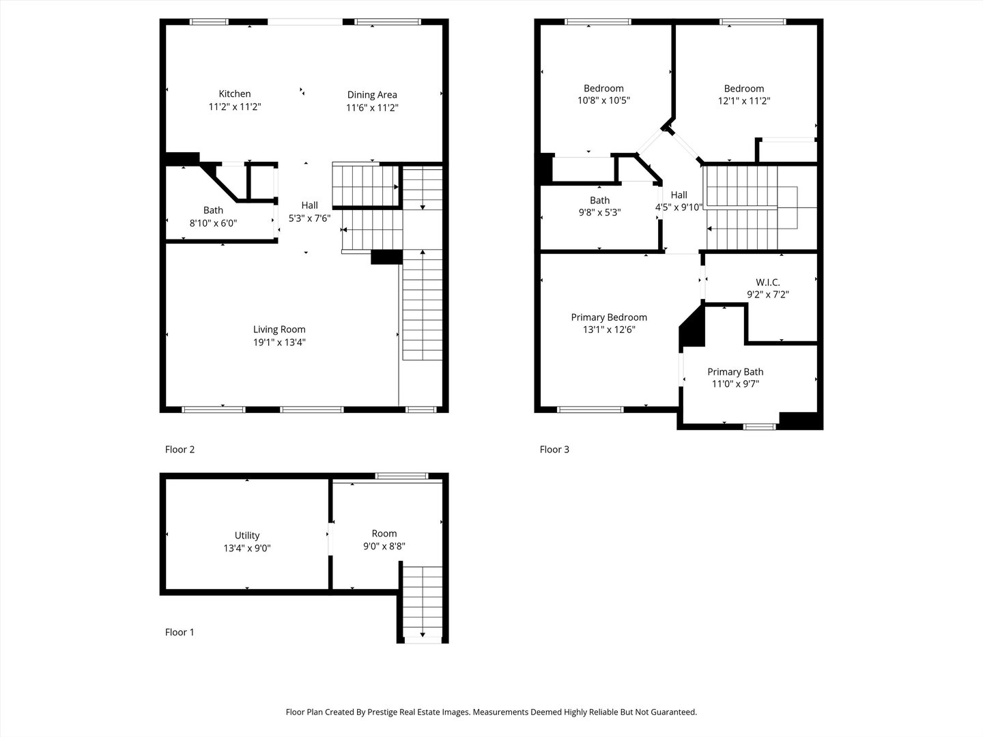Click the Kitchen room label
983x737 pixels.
click(234, 94)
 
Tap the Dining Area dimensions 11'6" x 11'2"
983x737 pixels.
click(372, 108)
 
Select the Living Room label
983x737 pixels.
click(279, 330)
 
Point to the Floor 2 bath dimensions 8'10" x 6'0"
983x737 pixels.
click(213, 223)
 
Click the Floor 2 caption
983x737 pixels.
click(180, 450)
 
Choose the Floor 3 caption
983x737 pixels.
click(554, 450)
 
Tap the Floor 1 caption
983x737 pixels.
click(180, 633)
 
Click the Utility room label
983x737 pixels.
click(247, 536)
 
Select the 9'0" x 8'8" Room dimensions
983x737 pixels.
click(384, 546)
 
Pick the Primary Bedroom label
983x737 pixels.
click(609, 317)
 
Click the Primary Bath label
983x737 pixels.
click(735, 372)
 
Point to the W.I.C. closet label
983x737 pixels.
click(768, 283)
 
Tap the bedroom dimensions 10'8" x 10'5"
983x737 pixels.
click(603, 101)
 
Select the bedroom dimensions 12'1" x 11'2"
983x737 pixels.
click(744, 101)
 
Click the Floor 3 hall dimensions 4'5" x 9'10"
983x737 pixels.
click(679, 207)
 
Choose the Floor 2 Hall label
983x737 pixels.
click(310, 205)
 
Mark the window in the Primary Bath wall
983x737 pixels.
click(760, 427)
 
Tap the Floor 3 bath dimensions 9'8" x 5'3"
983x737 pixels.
click(599, 212)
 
